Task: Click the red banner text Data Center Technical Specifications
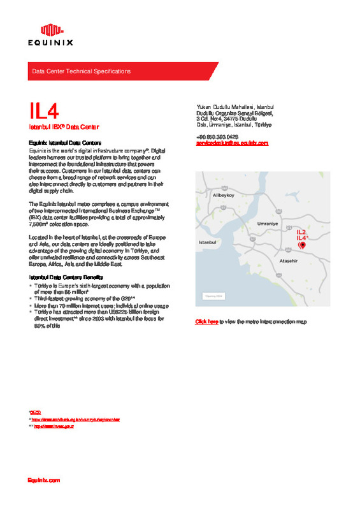click(81, 71)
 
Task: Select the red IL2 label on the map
click(302, 232)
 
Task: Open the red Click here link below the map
click(206, 322)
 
